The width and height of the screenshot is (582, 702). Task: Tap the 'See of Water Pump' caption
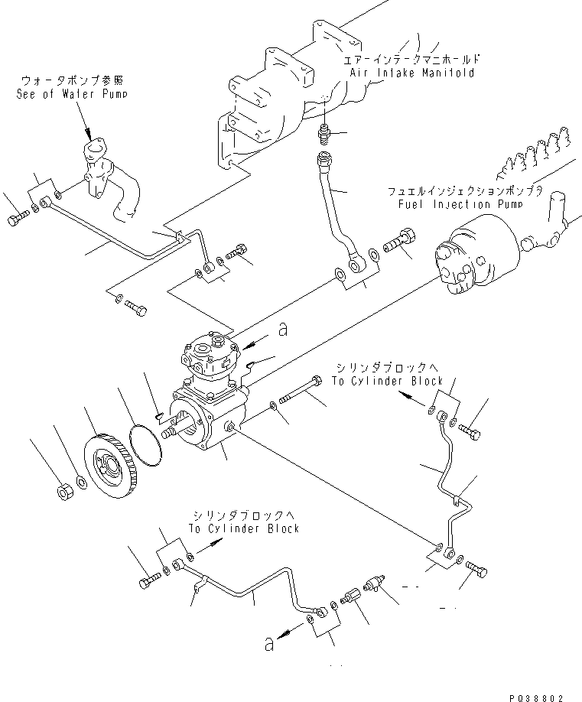pyautogui.click(x=71, y=94)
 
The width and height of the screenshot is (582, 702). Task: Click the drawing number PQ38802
pyautogui.click(x=538, y=697)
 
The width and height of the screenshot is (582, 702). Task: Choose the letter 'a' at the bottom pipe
pyautogui.click(x=268, y=644)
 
